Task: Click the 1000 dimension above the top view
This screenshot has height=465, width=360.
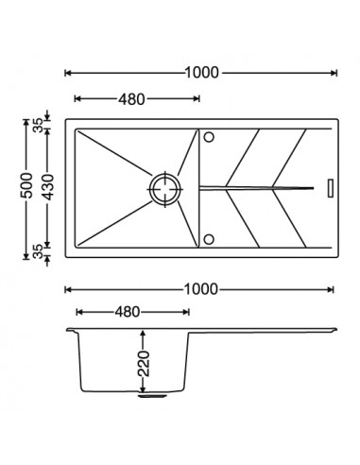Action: [201, 73]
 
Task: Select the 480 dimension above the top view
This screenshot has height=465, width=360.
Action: [131, 99]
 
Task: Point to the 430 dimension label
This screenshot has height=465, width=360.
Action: [48, 187]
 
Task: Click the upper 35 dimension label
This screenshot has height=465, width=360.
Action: [38, 125]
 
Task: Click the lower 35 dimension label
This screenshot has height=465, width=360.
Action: [38, 251]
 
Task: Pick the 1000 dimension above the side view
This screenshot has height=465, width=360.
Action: [200, 289]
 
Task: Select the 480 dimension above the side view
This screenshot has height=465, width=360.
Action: [127, 312]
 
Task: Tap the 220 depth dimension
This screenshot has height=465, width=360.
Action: [144, 363]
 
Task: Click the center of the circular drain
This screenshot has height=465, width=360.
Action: [165, 189]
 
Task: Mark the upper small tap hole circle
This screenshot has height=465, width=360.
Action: [209, 137]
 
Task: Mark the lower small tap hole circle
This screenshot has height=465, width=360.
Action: [209, 239]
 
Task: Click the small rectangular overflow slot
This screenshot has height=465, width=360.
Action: [331, 188]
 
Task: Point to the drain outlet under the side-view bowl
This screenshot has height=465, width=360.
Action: [152, 395]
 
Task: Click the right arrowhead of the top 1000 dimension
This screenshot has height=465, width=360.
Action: [334, 73]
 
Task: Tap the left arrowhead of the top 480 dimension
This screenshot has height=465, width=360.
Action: [77, 99]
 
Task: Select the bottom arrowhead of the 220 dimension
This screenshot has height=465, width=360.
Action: [144, 388]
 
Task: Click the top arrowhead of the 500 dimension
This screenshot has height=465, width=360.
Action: [26, 122]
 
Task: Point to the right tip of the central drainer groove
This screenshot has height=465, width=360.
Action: [314, 188]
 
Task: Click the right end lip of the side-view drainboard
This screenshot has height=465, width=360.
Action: [334, 330]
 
